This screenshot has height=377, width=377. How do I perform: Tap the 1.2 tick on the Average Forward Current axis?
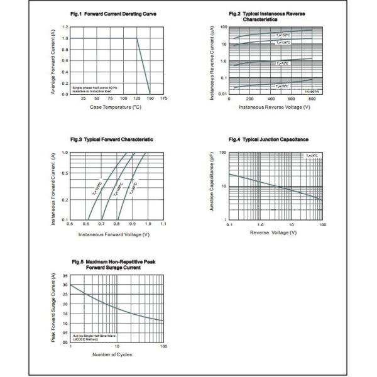pos(65,28)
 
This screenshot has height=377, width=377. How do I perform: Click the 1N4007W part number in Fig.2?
pos(312,92)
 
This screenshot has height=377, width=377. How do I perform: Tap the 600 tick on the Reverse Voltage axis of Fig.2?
pos(293,99)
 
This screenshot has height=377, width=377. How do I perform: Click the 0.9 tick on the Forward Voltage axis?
pos(133,224)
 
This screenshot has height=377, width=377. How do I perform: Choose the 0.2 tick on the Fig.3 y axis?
pos(64,200)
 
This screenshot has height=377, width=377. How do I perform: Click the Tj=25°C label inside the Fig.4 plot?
pos(313,155)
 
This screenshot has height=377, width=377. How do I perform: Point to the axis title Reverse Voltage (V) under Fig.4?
pos(273,232)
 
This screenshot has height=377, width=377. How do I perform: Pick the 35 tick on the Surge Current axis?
pos(65,276)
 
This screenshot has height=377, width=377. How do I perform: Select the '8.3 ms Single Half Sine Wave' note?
pos(94,336)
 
